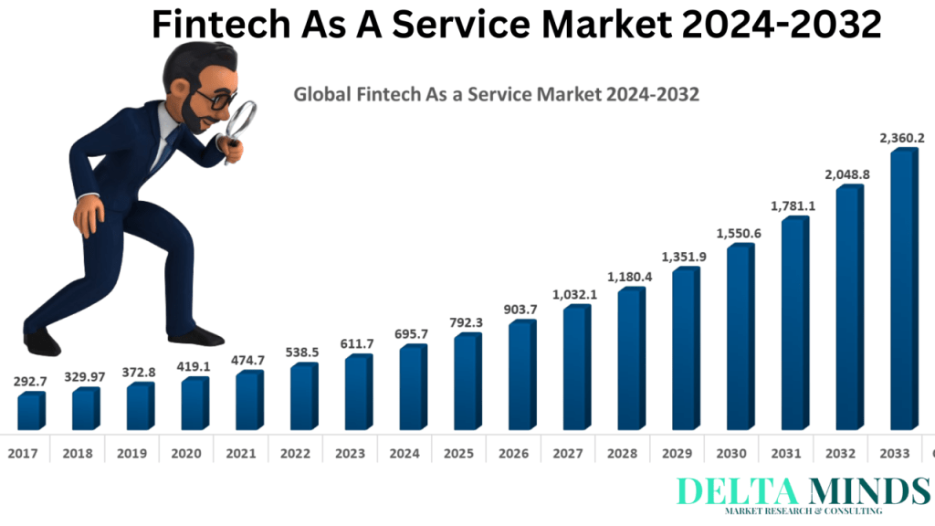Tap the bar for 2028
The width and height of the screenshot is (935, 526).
pos(631,360)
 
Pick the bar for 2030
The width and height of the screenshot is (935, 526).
pos(740,338)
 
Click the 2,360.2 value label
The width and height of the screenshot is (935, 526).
pos(902,138)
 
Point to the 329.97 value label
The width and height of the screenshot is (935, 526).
pos(85,376)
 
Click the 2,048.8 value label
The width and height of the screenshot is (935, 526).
pos(849,174)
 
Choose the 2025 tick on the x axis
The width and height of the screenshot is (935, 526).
pos(459,452)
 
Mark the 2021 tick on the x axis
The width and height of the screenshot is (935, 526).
pos(241,452)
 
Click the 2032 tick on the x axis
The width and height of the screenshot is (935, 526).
pos(841,452)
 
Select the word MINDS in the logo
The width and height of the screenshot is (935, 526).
pos(873,491)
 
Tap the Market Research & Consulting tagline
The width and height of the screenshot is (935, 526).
pos(803,511)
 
